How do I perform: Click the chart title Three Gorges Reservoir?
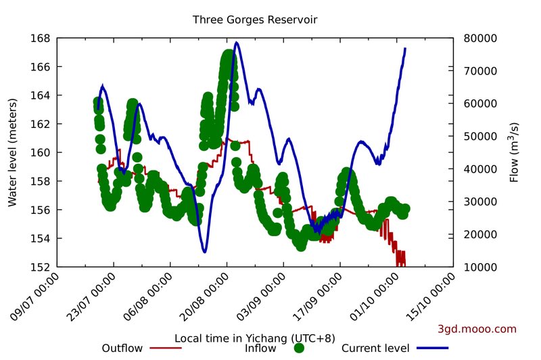(255, 20)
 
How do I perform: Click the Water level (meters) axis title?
(11, 152)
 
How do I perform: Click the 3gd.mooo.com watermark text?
(477, 330)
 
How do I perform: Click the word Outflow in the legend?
(122, 348)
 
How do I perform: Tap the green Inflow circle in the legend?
(300, 348)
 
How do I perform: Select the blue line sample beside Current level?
(433, 348)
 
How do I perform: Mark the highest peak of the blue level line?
(236, 43)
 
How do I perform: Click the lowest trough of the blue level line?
(204, 252)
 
